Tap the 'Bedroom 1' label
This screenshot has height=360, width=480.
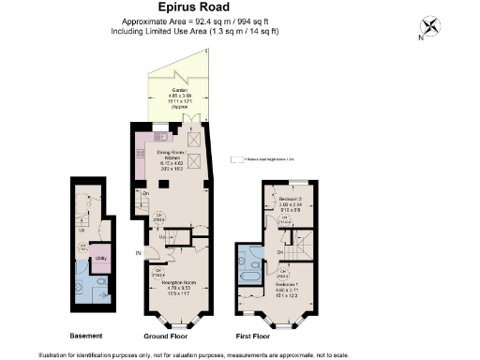point(292,285)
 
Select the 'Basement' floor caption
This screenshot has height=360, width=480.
point(86,334)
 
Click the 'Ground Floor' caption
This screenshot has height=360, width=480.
point(170,334)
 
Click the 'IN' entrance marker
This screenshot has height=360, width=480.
point(137,253)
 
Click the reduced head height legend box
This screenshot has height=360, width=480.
point(236,160)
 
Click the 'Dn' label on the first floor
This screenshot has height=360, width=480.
point(281,253)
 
